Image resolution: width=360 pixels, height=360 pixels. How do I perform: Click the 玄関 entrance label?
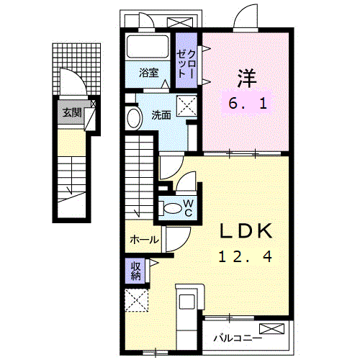coord(71,112)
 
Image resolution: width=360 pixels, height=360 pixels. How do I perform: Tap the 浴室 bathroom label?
coord(149,72)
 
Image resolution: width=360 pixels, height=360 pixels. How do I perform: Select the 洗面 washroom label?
coord(161,114)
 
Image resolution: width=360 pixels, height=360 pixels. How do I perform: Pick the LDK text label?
coord(246,230)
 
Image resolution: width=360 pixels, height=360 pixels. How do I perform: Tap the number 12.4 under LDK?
coord(246,255)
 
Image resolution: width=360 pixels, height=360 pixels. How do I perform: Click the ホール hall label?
coord(144,240)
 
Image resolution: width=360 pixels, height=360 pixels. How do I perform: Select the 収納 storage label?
coord(135,271)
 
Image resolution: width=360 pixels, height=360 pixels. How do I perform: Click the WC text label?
coord(186,207)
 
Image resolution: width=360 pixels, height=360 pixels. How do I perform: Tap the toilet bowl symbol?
coord(174,208)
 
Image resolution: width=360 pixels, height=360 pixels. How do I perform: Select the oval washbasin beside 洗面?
coord(134,118)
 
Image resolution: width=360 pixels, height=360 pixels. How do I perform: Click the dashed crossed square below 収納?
coord(135,300)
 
